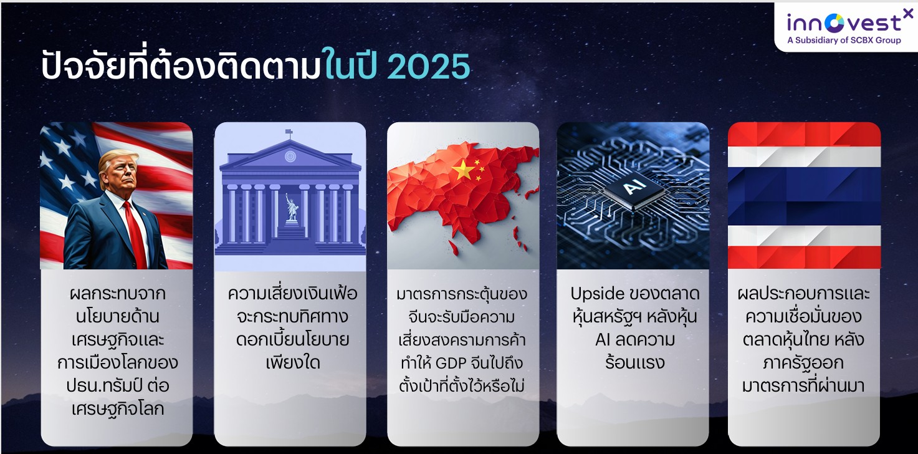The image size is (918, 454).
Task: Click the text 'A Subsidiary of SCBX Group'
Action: coord(844,40)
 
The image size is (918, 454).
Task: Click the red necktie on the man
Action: coord(136,234)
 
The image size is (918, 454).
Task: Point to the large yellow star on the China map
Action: coord(462,170)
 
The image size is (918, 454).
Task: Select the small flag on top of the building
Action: coord(289,132)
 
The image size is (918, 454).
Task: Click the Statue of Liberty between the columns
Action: coord(292,208)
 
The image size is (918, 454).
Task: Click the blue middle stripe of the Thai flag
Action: coord(804,196)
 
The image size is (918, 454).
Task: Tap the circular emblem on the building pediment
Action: coord(290,157)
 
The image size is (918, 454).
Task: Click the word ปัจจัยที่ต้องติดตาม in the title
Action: coord(181,65)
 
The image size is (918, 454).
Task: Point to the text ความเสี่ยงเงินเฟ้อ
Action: coord(293,294)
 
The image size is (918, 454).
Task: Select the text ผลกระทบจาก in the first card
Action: coord(118,294)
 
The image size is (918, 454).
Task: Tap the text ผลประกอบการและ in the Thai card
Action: coord(803,294)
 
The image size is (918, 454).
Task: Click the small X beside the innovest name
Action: coord(908,14)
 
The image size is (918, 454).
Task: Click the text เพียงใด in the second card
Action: coord(293,362)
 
